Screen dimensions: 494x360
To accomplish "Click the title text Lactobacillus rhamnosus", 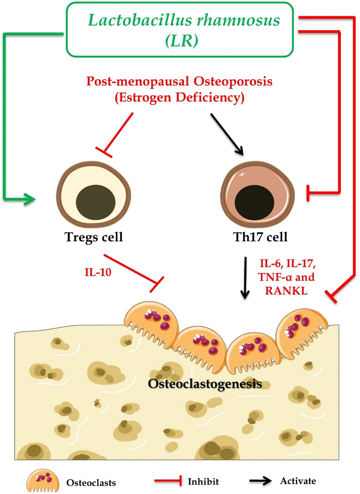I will tap(184, 20).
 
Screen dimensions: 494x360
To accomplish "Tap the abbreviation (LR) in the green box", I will tap(182, 41).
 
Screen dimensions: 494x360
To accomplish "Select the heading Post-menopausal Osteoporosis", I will tap(179, 81).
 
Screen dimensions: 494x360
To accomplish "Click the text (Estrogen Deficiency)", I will tap(179, 97).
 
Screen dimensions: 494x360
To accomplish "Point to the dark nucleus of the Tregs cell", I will tap(95, 202).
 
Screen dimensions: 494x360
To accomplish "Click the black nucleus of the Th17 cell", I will tap(254, 202).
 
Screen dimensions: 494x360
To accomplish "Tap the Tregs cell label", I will tap(94, 237).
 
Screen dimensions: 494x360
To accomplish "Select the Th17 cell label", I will tap(260, 237).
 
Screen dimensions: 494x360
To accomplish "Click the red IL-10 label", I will tap(98, 272).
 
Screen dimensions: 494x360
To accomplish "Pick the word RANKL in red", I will tap(286, 291).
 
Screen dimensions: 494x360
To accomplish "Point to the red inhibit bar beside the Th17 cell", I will tap(308, 193).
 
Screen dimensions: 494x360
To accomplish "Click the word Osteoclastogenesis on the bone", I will tap(205, 384).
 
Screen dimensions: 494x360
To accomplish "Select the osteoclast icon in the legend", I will tap(43, 481).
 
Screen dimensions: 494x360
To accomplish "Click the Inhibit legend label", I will tap(203, 481).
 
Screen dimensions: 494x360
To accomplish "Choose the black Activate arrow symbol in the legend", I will tap(261, 481).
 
